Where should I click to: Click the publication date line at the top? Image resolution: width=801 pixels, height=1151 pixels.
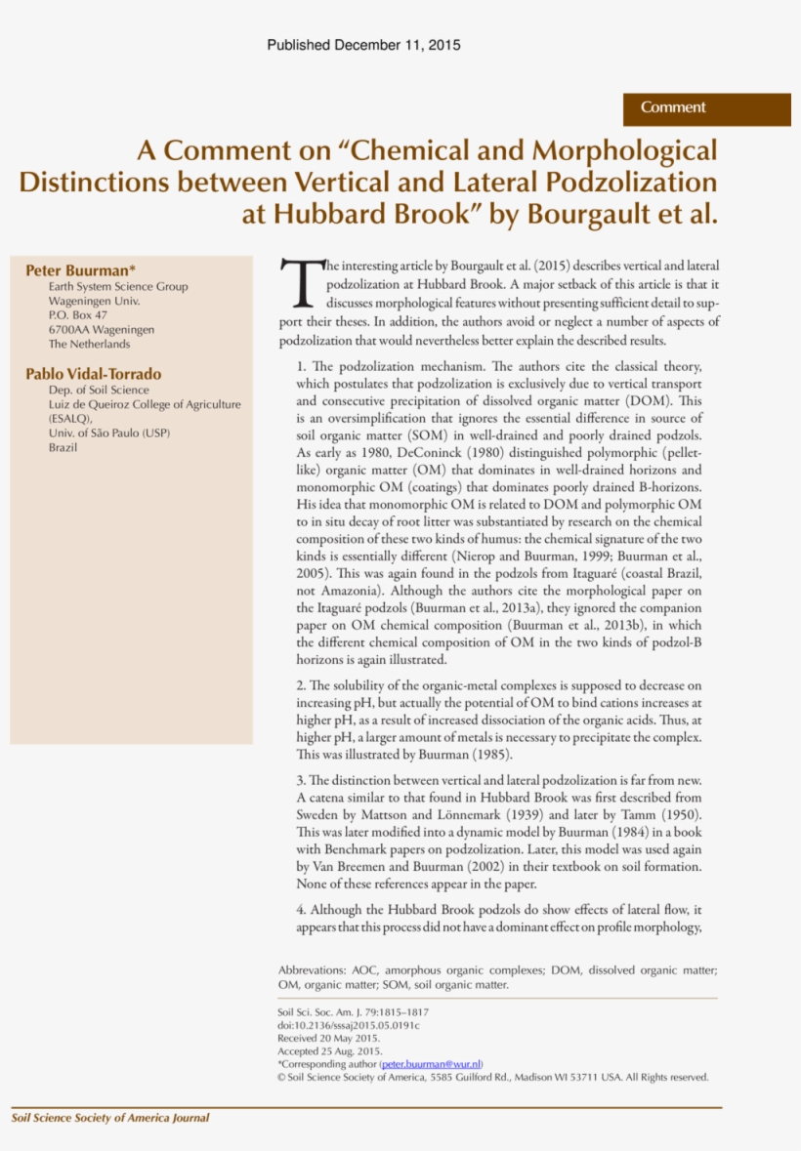363,46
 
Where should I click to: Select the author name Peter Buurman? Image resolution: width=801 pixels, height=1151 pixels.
78,269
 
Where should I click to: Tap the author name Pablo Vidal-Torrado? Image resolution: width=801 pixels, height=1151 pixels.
94,374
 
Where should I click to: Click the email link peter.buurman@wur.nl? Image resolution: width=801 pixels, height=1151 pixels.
432,1064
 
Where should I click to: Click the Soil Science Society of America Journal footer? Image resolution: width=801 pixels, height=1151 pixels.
110,1118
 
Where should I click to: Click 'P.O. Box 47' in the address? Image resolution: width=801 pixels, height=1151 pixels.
78,315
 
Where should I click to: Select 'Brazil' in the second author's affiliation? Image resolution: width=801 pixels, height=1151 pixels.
63,447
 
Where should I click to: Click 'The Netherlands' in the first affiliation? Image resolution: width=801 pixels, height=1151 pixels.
89,344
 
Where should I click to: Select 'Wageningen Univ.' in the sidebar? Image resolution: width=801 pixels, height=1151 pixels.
94,302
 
